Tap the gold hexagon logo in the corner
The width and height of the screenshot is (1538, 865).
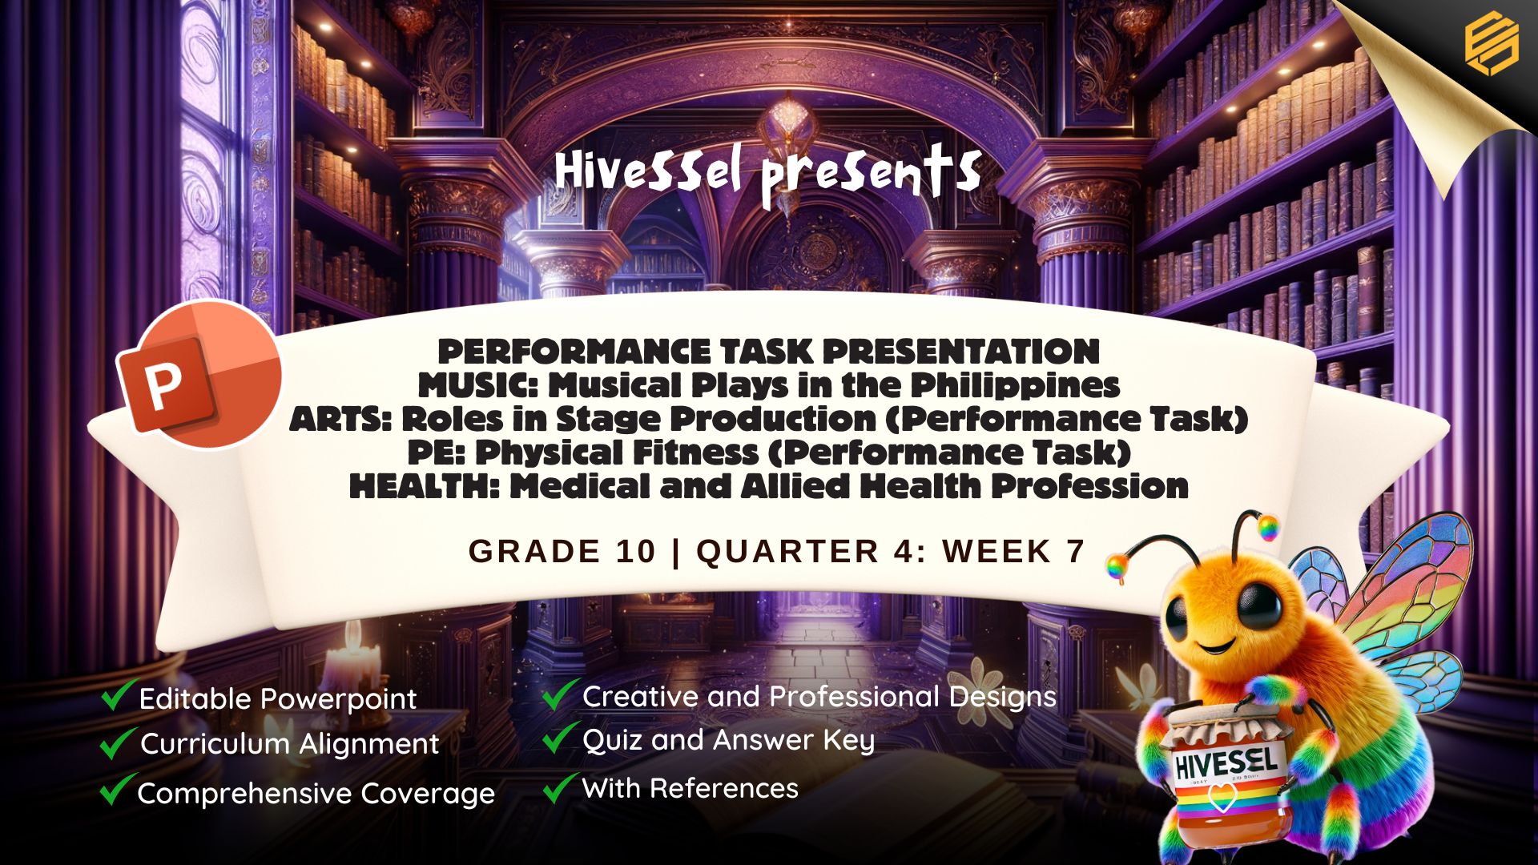pos(1492,45)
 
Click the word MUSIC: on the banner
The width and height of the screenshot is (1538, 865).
pos(477,385)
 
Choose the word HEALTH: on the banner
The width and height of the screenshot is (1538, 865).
pos(425,486)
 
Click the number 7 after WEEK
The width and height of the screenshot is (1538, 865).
pos(1075,551)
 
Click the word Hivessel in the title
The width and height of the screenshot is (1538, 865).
pos(648,171)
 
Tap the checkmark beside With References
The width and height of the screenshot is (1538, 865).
pos(561,787)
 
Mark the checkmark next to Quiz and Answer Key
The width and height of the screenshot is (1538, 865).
pos(561,738)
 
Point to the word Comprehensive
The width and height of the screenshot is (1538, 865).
pos(244,795)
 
